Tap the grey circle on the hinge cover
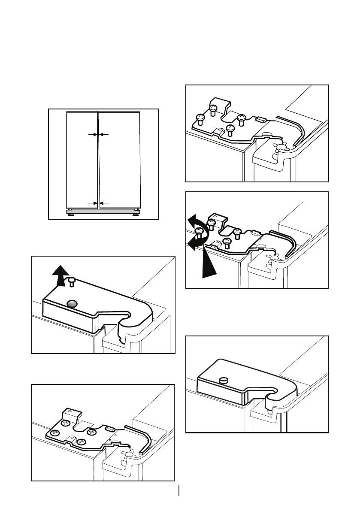click(x=73, y=304)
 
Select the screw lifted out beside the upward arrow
click(x=71, y=281)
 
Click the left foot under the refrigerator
click(x=70, y=215)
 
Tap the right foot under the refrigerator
click(x=136, y=215)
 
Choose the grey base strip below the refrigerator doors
click(x=103, y=211)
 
